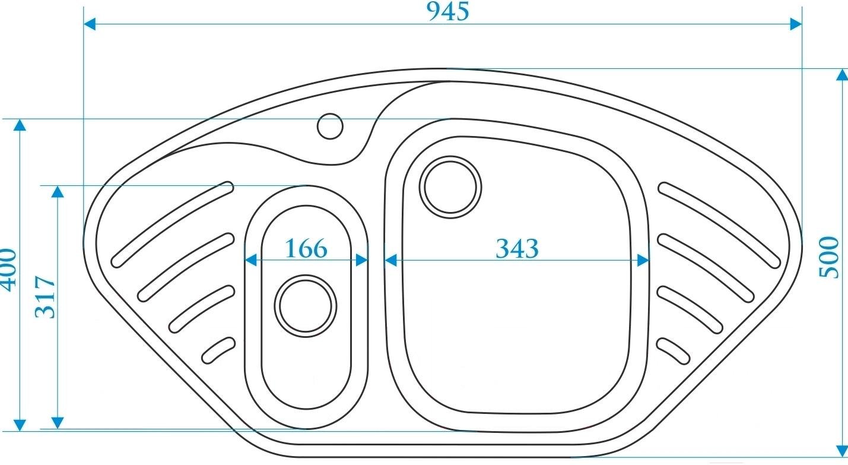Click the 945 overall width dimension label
coord(448,11)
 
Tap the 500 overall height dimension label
coord(828,257)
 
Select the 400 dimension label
coord(8,270)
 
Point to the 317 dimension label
coord(45,297)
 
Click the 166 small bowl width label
coord(306,249)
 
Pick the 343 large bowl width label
coord(517,249)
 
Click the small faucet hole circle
coord(330,126)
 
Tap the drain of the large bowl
coord(450,187)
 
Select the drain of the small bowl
coord(306,306)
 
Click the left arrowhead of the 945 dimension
coord(90,24)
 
